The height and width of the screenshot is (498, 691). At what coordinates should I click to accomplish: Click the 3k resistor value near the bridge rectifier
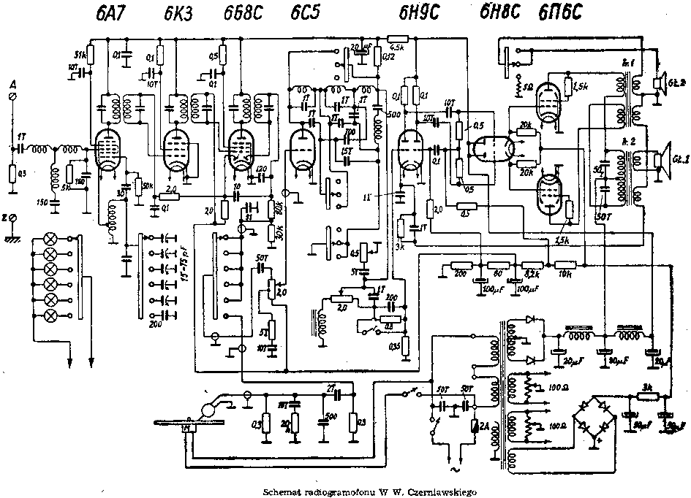pos(646,386)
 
